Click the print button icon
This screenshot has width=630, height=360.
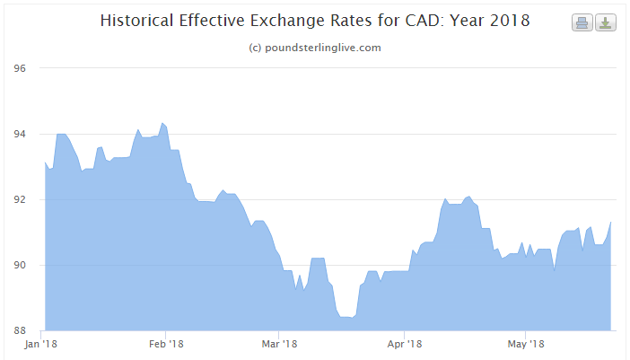tap(582, 22)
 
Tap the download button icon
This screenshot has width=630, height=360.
tap(606, 22)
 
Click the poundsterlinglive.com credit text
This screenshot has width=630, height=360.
tap(314, 48)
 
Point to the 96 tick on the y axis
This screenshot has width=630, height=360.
tap(20, 68)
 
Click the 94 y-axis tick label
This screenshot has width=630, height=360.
tap(20, 134)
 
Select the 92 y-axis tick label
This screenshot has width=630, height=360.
tap(20, 199)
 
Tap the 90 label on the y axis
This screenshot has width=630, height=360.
tap(20, 265)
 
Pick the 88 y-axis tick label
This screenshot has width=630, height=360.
tap(20, 330)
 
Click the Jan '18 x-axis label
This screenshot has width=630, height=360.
tap(42, 344)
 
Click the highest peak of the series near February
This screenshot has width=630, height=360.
tap(162, 123)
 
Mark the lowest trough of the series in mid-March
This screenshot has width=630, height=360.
tap(346, 317)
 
